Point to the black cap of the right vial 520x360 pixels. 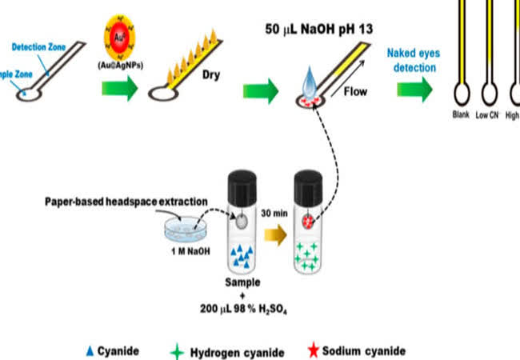click(308, 186)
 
